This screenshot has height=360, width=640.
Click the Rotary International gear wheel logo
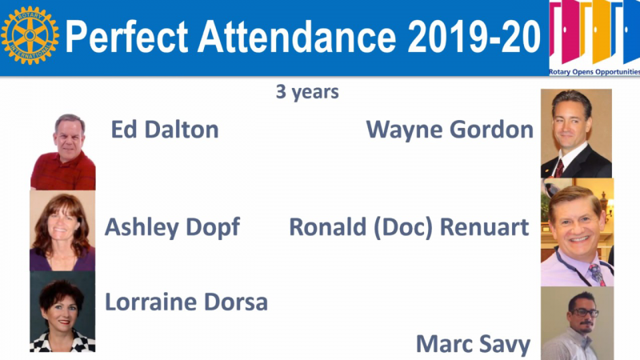30,35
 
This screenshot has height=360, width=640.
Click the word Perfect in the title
127,37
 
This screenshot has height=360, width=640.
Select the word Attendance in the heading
297,37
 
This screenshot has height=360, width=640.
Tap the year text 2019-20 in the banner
474,37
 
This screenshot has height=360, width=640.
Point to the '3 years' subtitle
307,92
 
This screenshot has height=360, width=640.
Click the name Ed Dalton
165,130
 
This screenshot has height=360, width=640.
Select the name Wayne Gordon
450,130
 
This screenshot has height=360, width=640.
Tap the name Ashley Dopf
172,227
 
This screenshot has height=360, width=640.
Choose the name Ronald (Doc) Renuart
409,227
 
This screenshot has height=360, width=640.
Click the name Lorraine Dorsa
186,302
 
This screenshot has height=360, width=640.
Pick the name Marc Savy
473,344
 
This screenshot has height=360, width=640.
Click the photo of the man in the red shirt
63,152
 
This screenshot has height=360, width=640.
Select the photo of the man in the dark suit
576,134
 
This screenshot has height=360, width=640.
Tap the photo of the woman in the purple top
62,230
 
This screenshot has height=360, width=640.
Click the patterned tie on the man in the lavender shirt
597,274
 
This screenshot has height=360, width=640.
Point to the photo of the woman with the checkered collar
62,311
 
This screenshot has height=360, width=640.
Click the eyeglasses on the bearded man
584,313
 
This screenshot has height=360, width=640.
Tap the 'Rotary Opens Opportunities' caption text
594,72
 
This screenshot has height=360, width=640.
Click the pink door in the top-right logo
564,30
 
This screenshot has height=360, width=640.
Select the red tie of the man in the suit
558,169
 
